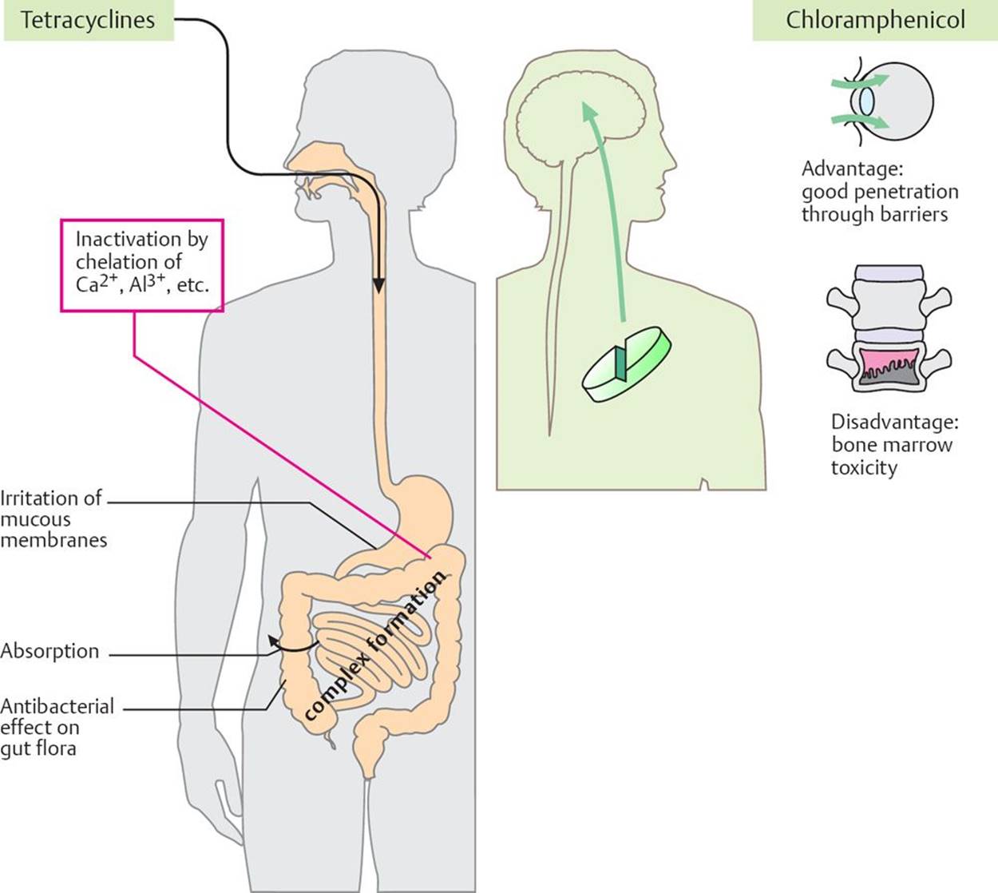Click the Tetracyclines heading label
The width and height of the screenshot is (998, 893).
point(88,20)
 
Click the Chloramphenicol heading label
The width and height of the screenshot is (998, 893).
point(875,20)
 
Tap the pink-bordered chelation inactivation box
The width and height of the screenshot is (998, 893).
point(141,263)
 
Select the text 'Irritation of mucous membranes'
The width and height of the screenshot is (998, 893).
point(53,519)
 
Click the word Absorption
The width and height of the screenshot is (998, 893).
point(50,652)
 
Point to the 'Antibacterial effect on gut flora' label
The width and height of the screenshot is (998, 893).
point(57,728)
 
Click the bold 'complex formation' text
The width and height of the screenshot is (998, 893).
point(375,647)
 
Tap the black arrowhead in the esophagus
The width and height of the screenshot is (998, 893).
point(379,286)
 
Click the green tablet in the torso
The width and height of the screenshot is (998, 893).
point(627,363)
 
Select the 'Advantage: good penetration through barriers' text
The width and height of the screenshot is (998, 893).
point(879,192)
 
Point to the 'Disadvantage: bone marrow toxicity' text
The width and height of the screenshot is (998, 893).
point(893,444)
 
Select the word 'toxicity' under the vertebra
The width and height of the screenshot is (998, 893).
point(864,467)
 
